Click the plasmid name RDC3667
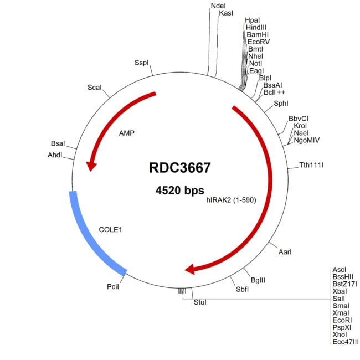(180, 167)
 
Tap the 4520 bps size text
(180, 191)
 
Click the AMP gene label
(127, 133)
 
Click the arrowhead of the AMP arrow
(90, 165)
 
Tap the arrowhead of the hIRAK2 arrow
(191, 269)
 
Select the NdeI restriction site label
(218, 6)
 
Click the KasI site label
(225, 13)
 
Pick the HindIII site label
(256, 27)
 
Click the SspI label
(142, 63)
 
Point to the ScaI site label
(95, 88)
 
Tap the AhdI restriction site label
(55, 155)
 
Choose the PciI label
(112, 287)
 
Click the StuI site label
(199, 302)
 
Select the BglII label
(258, 280)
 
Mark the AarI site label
(284, 252)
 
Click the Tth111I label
(311, 165)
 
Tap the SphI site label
(281, 103)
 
